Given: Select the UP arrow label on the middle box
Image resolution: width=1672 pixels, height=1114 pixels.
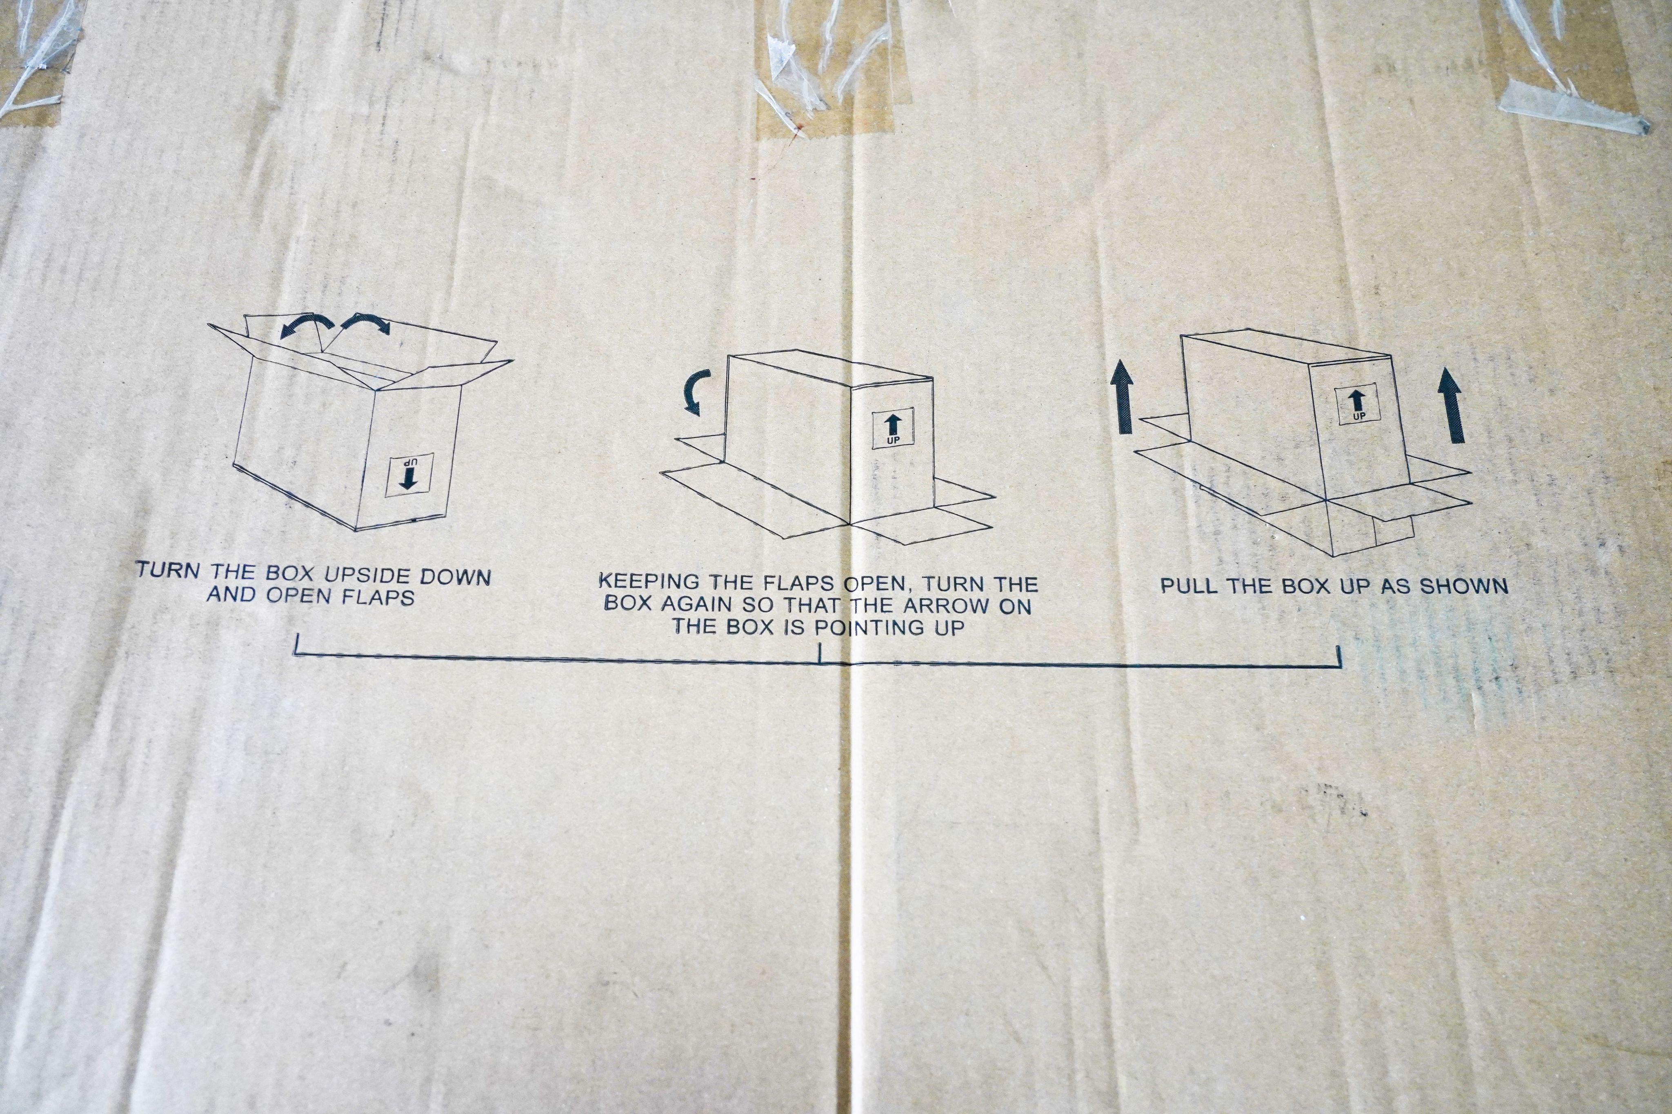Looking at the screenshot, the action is pyautogui.click(x=892, y=428).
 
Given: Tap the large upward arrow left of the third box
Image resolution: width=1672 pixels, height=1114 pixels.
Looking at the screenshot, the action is pyautogui.click(x=1123, y=396).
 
